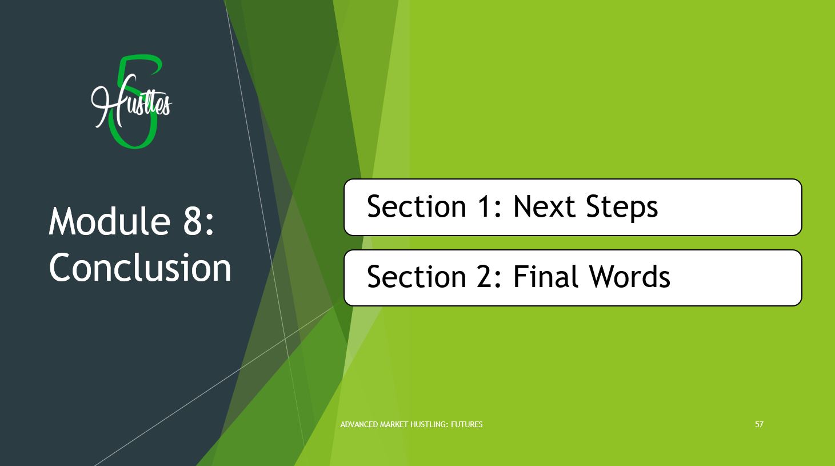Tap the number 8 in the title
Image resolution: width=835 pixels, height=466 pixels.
tap(193, 222)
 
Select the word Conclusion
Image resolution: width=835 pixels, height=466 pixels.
tap(140, 267)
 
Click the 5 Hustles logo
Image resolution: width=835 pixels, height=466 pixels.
tap(131, 102)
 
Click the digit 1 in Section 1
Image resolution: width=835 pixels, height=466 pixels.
tap(484, 206)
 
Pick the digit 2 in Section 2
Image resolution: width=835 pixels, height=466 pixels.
tap(484, 277)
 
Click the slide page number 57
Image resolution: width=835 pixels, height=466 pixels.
tap(759, 424)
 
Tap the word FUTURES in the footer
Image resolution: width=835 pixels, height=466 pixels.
tap(467, 424)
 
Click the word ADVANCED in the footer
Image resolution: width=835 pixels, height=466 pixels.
tap(359, 424)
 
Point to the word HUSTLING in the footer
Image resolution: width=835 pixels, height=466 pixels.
tap(429, 424)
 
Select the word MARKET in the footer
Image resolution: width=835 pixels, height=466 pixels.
tap(394, 424)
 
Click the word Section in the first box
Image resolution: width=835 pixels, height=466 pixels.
tap(417, 206)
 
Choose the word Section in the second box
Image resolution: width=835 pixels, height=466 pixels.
tap(417, 277)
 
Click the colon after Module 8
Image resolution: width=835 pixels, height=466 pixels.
tap(210, 226)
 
